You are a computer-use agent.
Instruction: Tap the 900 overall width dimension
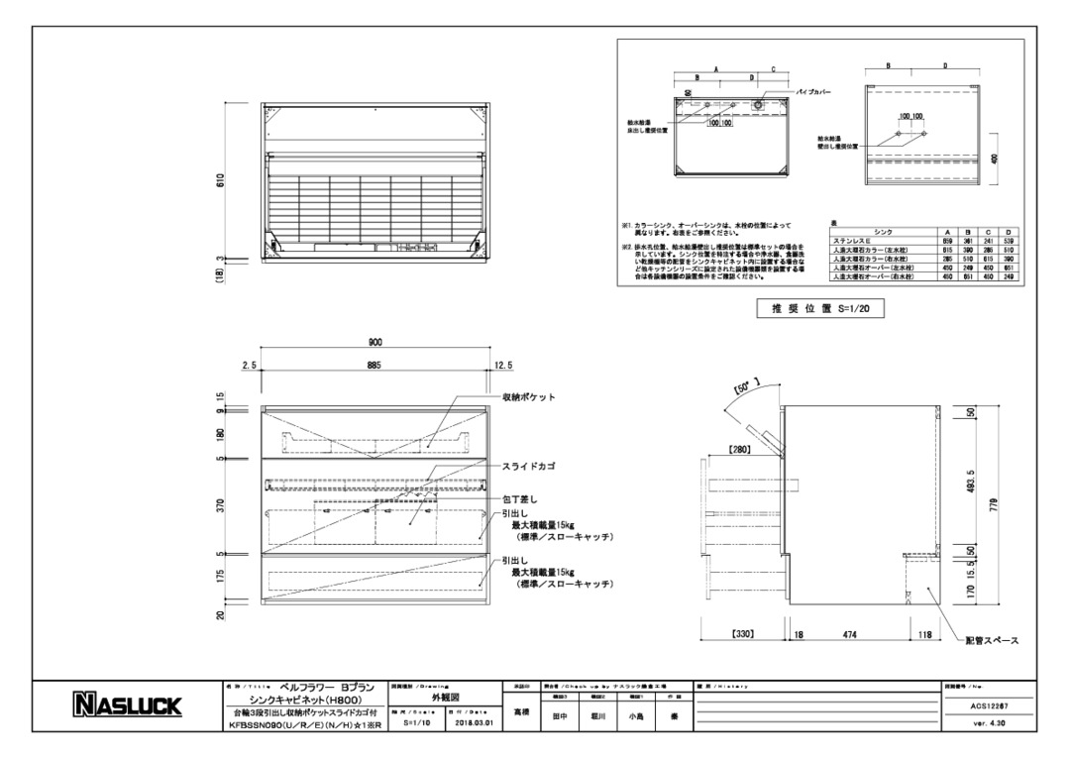tap(375, 342)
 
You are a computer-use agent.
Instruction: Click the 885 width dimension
tap(375, 366)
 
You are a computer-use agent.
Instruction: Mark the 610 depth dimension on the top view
tap(222, 179)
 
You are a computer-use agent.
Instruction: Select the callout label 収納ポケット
tap(530, 396)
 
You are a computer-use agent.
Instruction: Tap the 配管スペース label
tap(991, 641)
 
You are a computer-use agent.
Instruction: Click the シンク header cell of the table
tap(882, 231)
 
